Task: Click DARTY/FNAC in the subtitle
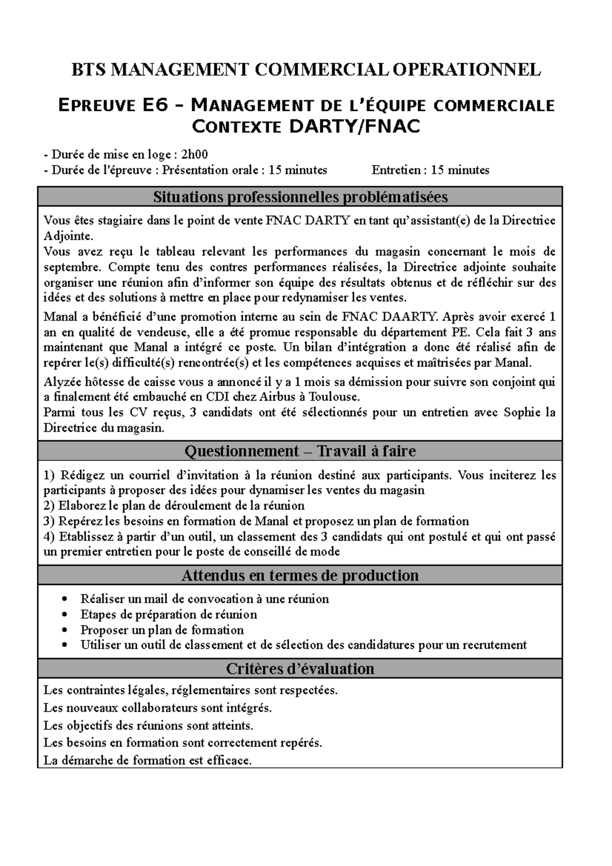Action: (354, 126)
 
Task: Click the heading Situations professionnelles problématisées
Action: (300, 197)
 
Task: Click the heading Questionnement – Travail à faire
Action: (300, 451)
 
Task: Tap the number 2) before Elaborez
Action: (49, 506)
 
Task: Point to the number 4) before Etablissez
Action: (49, 537)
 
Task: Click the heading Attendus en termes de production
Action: (300, 575)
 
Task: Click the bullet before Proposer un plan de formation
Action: (64, 630)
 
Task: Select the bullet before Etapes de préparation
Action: (64, 615)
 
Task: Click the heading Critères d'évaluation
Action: (300, 669)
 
